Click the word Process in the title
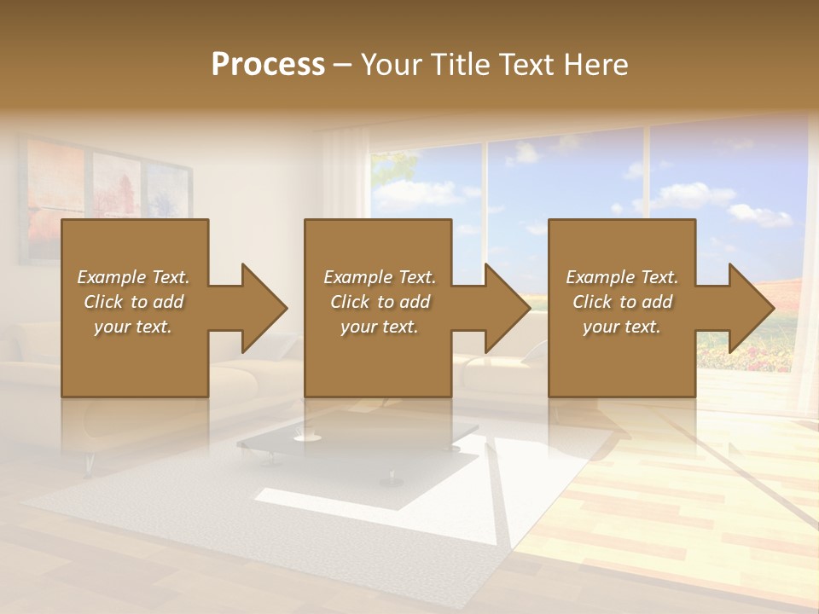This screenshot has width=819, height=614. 268,65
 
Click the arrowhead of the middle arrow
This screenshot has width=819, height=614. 508,308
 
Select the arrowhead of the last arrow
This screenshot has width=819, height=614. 752,308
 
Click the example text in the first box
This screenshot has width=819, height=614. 133,302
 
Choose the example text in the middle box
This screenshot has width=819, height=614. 379,302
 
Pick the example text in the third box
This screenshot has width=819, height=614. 622,302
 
